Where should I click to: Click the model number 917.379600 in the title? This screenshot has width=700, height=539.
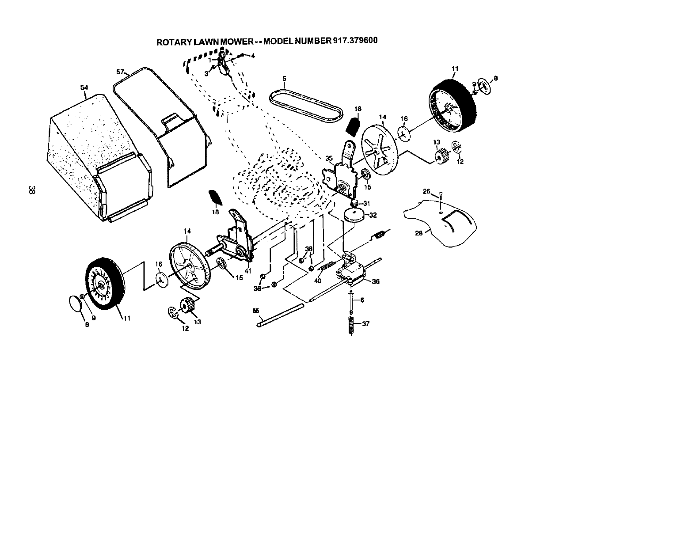[354, 40]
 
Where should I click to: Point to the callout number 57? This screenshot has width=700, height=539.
[119, 71]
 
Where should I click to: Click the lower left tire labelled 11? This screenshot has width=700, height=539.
[103, 283]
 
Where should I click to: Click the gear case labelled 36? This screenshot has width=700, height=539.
[353, 272]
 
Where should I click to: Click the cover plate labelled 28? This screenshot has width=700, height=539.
[446, 225]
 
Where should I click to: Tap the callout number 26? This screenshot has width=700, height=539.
[426, 191]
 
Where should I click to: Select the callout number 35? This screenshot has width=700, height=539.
[329, 158]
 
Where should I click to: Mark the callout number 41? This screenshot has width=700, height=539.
[248, 271]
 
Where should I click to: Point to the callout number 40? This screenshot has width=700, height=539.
[317, 280]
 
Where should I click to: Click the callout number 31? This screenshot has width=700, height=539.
[366, 203]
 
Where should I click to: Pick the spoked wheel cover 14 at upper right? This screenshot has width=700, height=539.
[380, 146]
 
